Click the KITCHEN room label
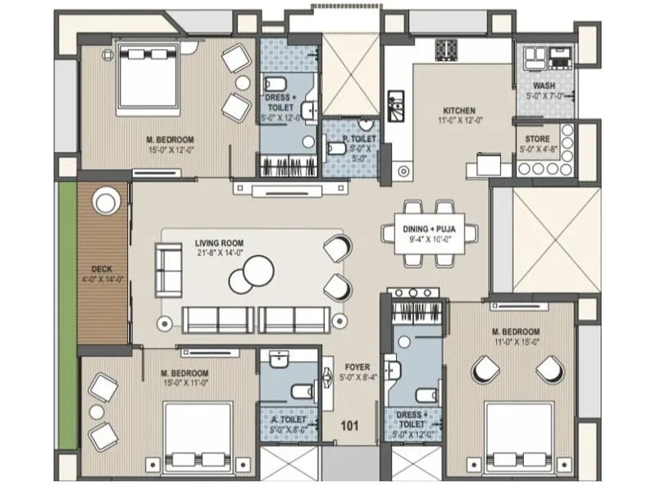[459, 110]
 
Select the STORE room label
[536, 139]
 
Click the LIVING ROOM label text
[219, 244]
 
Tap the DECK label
[102, 269]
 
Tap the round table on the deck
[105, 202]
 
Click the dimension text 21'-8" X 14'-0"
[219, 253]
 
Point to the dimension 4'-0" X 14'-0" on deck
[102, 279]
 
